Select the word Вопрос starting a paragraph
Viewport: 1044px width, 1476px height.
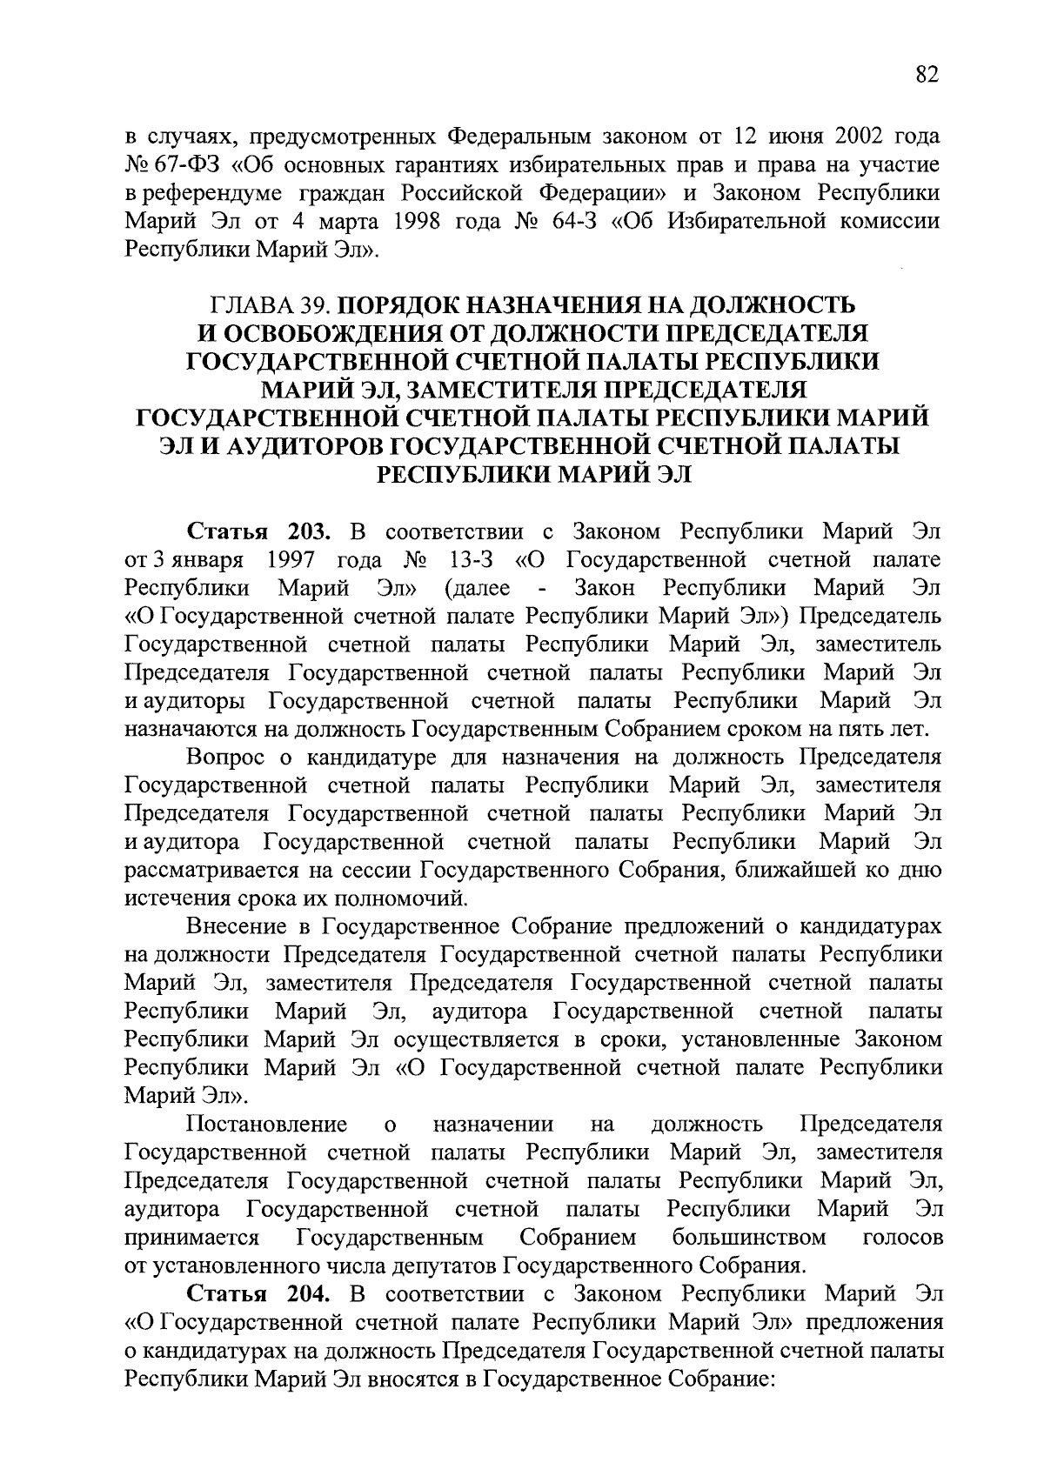[227, 758]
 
